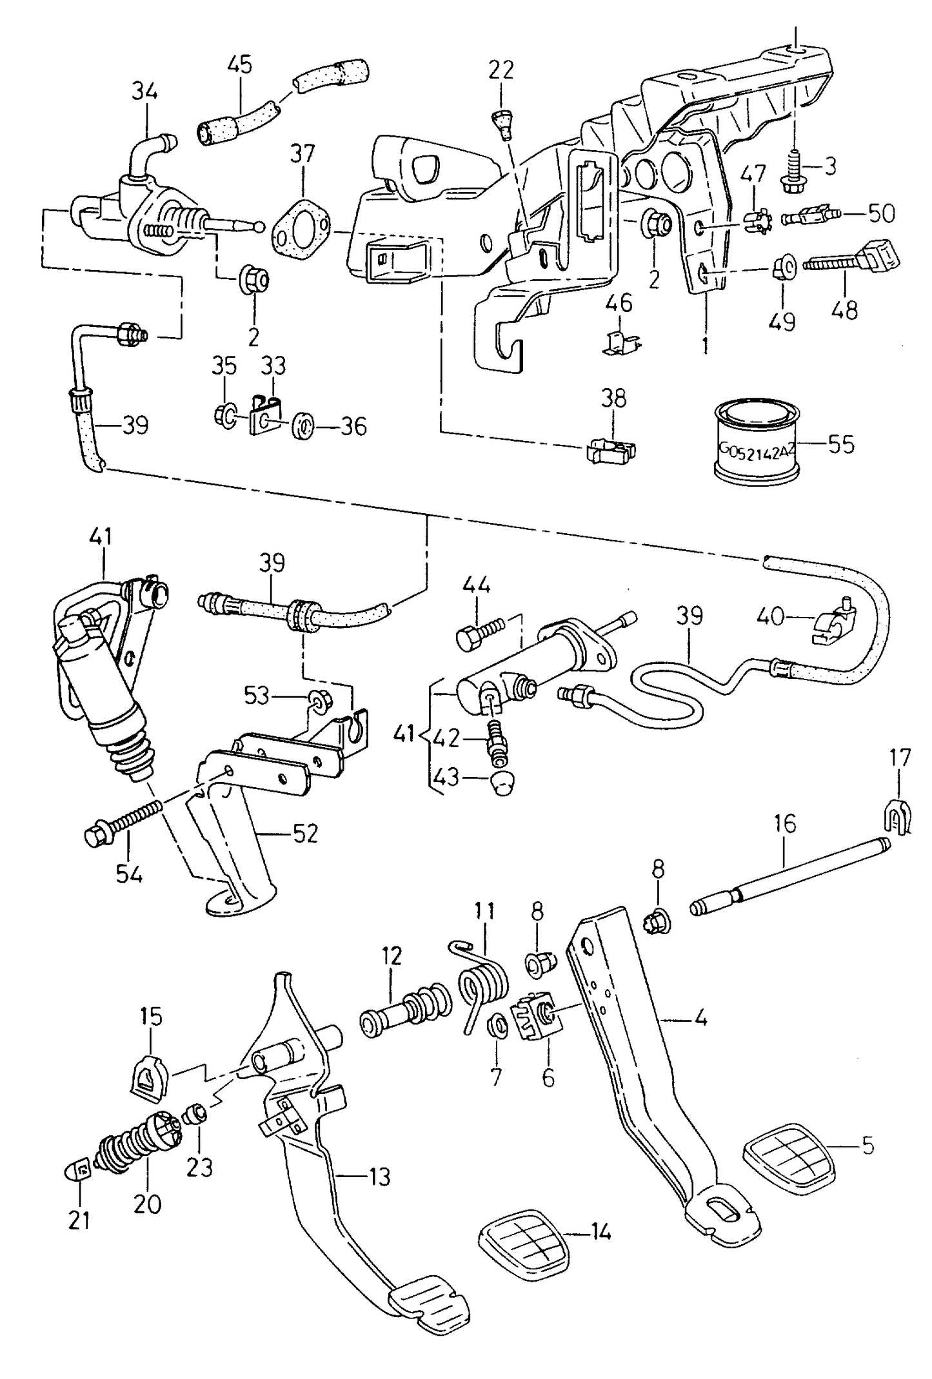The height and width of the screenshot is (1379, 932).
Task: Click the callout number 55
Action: pyautogui.click(x=840, y=445)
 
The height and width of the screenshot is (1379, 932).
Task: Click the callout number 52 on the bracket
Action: pyautogui.click(x=305, y=834)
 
